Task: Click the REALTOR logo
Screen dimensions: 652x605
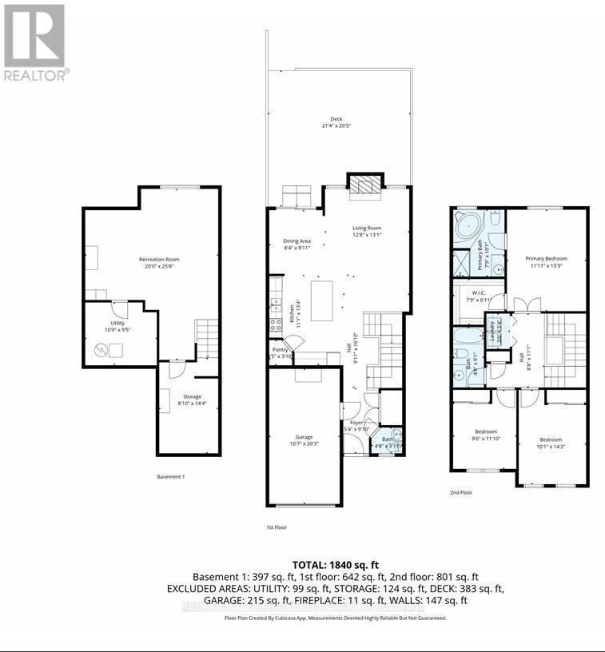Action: click(x=35, y=42)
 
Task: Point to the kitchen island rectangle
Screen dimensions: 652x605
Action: click(x=321, y=300)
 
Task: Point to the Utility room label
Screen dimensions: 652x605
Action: click(x=107, y=324)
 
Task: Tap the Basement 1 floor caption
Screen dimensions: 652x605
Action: click(x=170, y=477)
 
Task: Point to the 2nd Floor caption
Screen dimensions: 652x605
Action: click(x=460, y=493)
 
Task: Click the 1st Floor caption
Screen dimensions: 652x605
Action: click(x=277, y=527)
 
